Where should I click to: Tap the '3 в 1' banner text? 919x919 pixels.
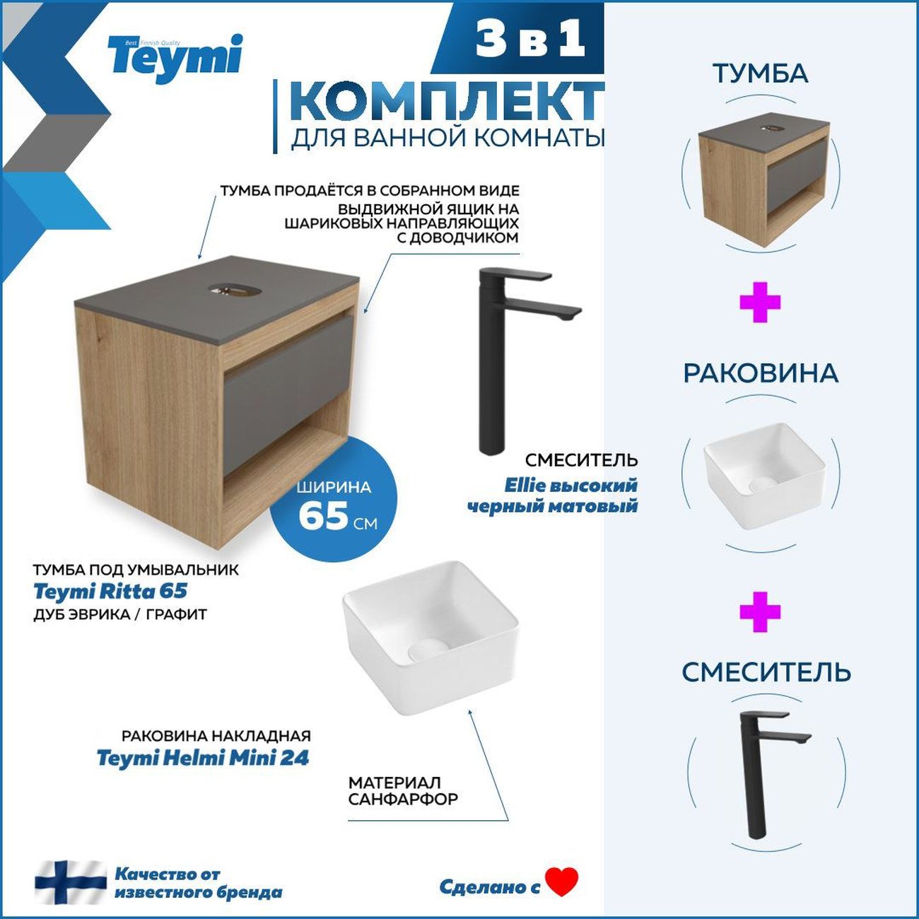point(530,39)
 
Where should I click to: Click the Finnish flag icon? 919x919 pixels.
point(70,882)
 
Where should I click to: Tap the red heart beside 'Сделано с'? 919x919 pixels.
point(562,882)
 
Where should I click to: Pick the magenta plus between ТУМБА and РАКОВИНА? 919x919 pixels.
point(760,303)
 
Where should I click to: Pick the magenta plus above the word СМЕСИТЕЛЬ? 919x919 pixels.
point(760,611)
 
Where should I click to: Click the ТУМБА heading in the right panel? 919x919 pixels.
point(760,74)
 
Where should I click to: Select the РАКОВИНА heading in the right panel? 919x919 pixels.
point(760,373)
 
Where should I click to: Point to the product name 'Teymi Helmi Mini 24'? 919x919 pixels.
point(203,758)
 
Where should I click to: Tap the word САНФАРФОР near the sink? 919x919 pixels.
point(403,800)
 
